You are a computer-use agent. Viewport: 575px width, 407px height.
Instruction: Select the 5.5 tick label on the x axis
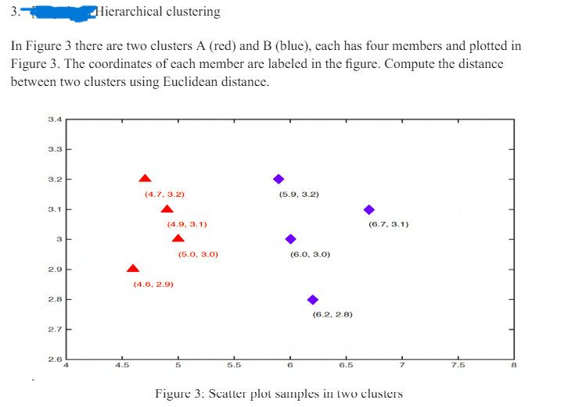point(234,365)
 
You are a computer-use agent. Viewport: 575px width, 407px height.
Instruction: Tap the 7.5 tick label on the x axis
point(458,365)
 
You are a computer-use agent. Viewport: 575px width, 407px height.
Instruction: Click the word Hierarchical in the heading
point(131,12)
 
